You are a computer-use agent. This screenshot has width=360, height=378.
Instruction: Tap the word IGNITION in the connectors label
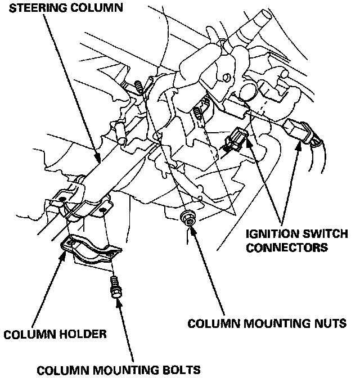point(268,233)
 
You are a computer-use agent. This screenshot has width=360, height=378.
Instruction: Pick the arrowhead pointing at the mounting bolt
point(118,303)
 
